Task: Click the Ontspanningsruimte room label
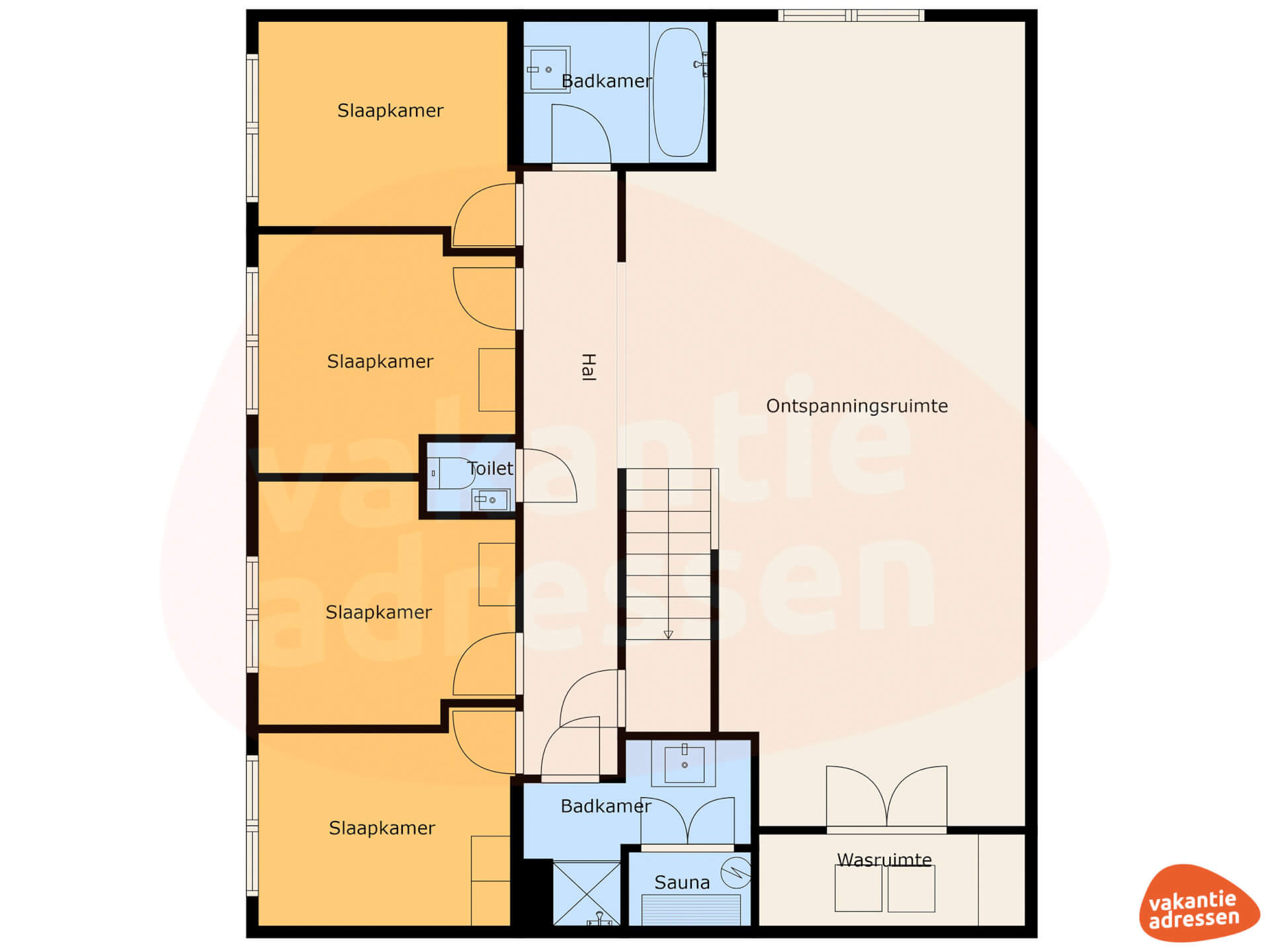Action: pyautogui.click(x=857, y=406)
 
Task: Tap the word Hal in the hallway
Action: pyautogui.click(x=588, y=367)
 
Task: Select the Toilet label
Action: pyautogui.click(x=490, y=469)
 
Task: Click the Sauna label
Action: pyautogui.click(x=682, y=883)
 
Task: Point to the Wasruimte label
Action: pyautogui.click(x=884, y=859)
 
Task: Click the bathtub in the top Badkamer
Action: pyautogui.click(x=679, y=92)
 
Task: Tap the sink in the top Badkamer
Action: pyautogui.click(x=547, y=69)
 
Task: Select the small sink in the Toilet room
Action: pyautogui.click(x=490, y=500)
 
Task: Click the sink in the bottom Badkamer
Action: pyautogui.click(x=684, y=764)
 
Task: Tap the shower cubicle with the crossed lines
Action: pyautogui.click(x=587, y=893)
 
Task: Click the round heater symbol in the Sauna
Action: pyautogui.click(x=736, y=873)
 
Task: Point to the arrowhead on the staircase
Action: pyautogui.click(x=668, y=635)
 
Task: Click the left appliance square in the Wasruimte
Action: pyautogui.click(x=858, y=889)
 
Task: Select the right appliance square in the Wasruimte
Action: pyautogui.click(x=911, y=889)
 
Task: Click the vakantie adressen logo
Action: pyautogui.click(x=1199, y=903)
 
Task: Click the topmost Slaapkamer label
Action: pyautogui.click(x=390, y=110)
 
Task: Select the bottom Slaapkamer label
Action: pyautogui.click(x=382, y=828)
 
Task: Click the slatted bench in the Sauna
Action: pyautogui.click(x=691, y=910)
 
